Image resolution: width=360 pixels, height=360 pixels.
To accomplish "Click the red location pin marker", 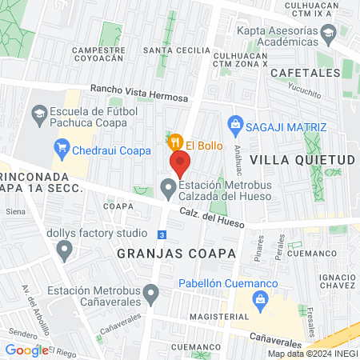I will tap(180, 164).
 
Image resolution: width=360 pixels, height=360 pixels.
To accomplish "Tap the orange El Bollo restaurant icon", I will tap(175, 142).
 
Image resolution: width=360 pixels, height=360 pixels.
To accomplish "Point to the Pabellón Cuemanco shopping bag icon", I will tap(259, 300).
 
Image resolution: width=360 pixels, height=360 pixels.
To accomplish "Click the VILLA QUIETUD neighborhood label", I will tap(302, 160).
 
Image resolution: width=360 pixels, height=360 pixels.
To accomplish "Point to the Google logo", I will tap(26, 350).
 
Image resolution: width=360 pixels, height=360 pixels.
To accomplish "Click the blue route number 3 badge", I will tap(162, 234).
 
